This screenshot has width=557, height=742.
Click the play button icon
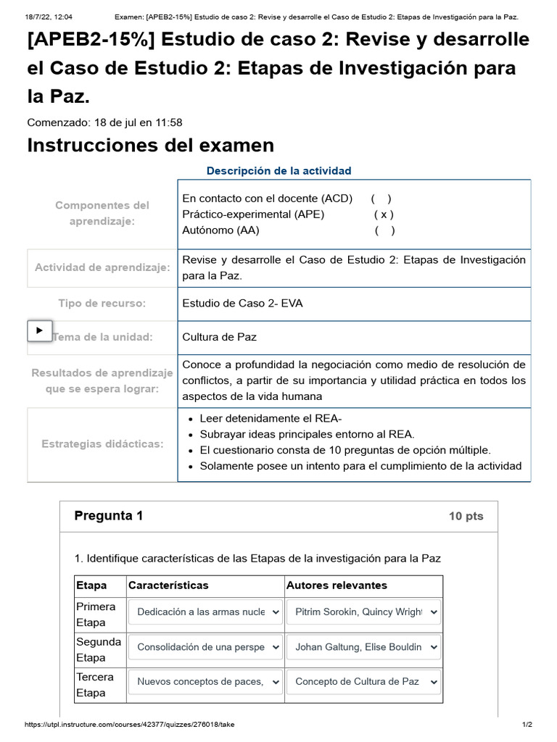39,330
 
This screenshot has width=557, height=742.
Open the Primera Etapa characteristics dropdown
205,612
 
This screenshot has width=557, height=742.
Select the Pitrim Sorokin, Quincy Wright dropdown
363,612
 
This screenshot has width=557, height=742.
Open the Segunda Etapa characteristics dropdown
205,647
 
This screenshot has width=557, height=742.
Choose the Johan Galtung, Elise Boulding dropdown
363,647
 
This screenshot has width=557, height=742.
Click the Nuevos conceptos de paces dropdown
205,682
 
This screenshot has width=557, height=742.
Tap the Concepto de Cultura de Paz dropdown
363,682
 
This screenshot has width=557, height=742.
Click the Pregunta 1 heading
109,516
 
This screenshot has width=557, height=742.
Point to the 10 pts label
466,517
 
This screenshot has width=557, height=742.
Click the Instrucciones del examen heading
150,145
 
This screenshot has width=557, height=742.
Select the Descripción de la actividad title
278,171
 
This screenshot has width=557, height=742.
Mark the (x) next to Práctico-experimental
384,214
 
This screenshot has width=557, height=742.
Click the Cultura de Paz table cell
219,337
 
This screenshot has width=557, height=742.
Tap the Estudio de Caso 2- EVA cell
242,304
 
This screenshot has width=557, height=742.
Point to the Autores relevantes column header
337,585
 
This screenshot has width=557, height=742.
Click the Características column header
168,585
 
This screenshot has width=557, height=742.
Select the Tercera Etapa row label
95,685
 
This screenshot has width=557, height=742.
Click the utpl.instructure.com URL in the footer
130,725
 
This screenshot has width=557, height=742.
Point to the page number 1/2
527,725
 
